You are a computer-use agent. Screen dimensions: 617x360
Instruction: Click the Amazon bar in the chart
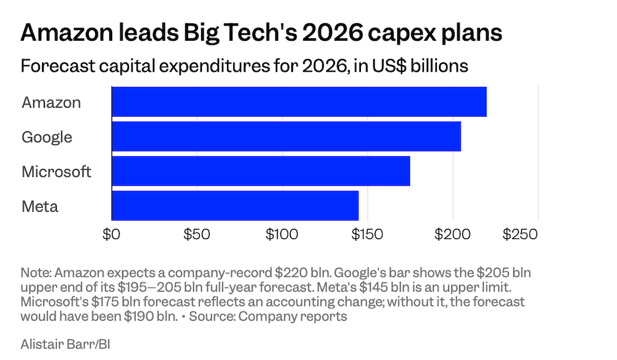click(x=299, y=102)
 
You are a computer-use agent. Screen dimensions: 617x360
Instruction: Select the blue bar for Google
click(x=286, y=136)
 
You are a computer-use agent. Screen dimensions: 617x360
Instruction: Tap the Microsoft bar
click(x=261, y=171)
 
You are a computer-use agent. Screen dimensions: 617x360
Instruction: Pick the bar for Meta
click(x=235, y=206)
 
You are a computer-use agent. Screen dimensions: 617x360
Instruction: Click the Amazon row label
click(x=51, y=103)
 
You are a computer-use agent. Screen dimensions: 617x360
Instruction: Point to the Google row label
click(x=47, y=137)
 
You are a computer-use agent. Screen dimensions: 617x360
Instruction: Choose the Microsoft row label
click(x=56, y=172)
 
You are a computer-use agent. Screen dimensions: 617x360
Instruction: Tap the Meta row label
click(x=39, y=206)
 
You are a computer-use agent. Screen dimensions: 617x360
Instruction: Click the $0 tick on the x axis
click(x=111, y=235)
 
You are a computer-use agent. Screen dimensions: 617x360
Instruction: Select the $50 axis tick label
click(x=197, y=235)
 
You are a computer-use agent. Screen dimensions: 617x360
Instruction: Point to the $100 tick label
click(x=282, y=235)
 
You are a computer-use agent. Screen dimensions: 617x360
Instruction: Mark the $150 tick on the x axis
click(x=367, y=235)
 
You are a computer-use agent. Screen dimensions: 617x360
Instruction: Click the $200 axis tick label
click(x=452, y=235)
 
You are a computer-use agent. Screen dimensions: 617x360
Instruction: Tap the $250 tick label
click(x=520, y=235)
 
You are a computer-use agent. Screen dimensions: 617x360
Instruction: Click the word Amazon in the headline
click(x=67, y=32)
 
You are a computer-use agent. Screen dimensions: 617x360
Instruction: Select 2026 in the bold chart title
click(x=333, y=32)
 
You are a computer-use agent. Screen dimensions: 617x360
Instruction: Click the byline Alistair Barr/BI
click(x=65, y=344)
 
